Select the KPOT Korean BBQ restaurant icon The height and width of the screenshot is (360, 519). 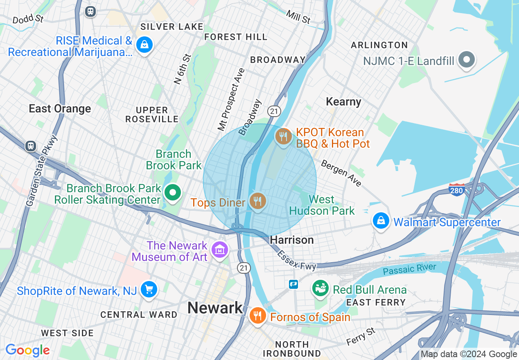pos(283,136)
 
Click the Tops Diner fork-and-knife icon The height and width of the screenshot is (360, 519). pos(257,201)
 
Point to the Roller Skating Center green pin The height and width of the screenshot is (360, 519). pos(173,192)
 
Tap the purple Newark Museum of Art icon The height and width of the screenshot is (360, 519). pos(220,249)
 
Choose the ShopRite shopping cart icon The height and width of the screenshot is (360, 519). pos(148,290)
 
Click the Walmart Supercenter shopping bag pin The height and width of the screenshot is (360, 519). pos(381,221)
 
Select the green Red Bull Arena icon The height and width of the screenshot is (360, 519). pos(321,288)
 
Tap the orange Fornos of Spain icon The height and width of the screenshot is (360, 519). pos(257,316)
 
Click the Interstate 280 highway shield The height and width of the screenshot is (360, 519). pos(456,190)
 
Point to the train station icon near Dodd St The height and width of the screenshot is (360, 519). pos(90,11)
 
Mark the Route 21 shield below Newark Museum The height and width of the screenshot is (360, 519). pos(244,268)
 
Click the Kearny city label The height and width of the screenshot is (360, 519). pos(343,102)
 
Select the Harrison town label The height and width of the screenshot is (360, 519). pos(292,240)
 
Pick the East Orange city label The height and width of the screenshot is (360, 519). pos(60,109)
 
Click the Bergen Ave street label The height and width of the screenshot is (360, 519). pos(341,173)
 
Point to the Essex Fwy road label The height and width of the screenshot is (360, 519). pos(297,260)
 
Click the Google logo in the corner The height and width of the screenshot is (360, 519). pos(27,350)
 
